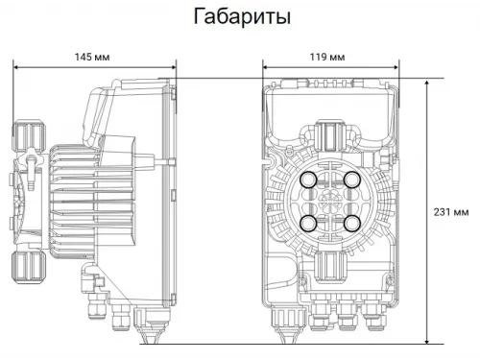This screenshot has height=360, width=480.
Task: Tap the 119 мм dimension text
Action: coord(328,57)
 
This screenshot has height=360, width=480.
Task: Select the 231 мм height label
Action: coord(450,212)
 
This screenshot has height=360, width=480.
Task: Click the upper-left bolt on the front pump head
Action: coord(309,180)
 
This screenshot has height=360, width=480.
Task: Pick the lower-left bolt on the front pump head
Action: coord(309,223)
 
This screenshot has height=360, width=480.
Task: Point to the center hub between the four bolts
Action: coord(331,202)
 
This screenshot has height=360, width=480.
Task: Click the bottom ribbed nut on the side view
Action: coord(27,266)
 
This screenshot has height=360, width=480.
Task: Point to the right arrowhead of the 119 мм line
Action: coord(395,67)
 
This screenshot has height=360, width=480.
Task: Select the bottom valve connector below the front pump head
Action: coord(331,265)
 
